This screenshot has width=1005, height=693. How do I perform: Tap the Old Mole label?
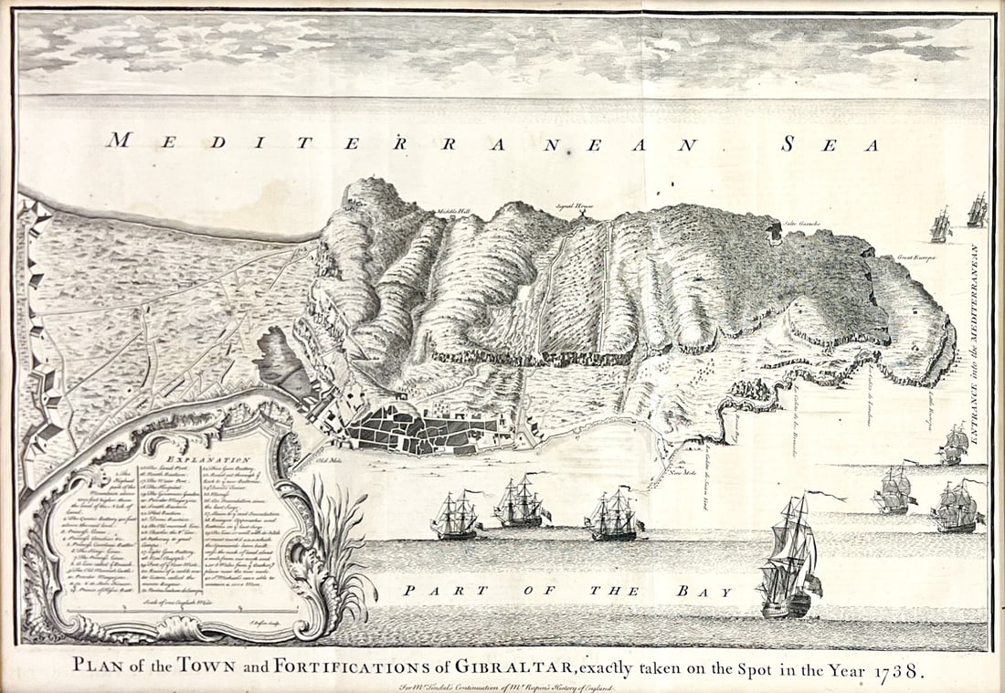315,459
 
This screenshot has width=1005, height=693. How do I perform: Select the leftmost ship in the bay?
455,516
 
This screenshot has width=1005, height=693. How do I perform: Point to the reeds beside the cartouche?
343,548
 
